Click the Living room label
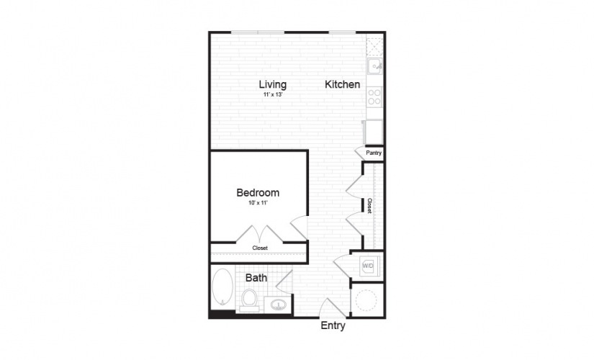tap(272, 84)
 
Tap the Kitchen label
tap(343, 84)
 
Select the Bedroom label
tap(258, 192)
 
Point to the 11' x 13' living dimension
tap(273, 95)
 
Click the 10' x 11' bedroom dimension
tap(258, 203)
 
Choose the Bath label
tap(256, 278)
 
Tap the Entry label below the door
tap(333, 325)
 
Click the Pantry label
tap(374, 153)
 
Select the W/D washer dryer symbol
tap(368, 266)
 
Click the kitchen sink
tap(374, 67)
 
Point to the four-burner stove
tap(374, 96)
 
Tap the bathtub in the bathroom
tap(222, 287)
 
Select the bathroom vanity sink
tap(279, 305)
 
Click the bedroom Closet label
tap(260, 248)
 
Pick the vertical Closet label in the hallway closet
tap(369, 206)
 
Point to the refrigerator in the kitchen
tap(373, 132)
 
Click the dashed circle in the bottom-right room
tap(366, 300)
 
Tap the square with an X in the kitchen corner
tap(375, 46)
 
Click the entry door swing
tap(332, 307)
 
